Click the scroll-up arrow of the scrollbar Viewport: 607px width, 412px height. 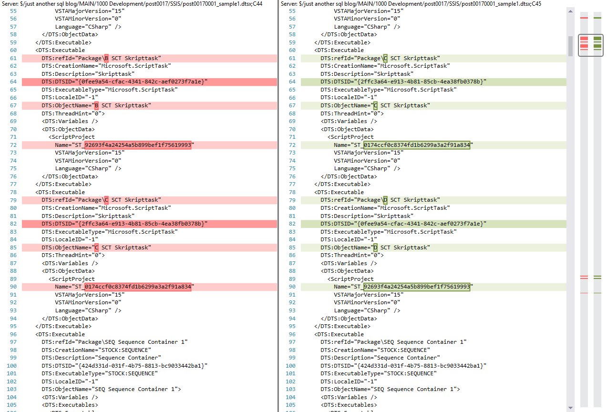pos(570,11)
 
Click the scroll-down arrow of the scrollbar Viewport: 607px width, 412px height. pos(570,408)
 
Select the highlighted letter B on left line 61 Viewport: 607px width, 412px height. pos(106,58)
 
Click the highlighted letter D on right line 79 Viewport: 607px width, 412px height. pos(385,200)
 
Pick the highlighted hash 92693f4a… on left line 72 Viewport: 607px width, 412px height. pos(138,145)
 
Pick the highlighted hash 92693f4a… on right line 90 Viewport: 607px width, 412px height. pos(417,287)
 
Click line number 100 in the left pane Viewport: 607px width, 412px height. pos(11,366)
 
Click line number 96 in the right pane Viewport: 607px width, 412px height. pos(292,334)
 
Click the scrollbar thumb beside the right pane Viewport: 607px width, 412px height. pos(570,46)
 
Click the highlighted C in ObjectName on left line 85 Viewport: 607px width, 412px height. pos(96,247)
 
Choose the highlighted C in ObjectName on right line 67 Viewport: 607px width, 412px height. pos(375,105)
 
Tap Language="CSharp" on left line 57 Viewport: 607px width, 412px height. pos(83,27)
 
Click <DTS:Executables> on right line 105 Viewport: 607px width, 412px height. pos(349,405)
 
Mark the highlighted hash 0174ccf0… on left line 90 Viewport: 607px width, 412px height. pos(138,287)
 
